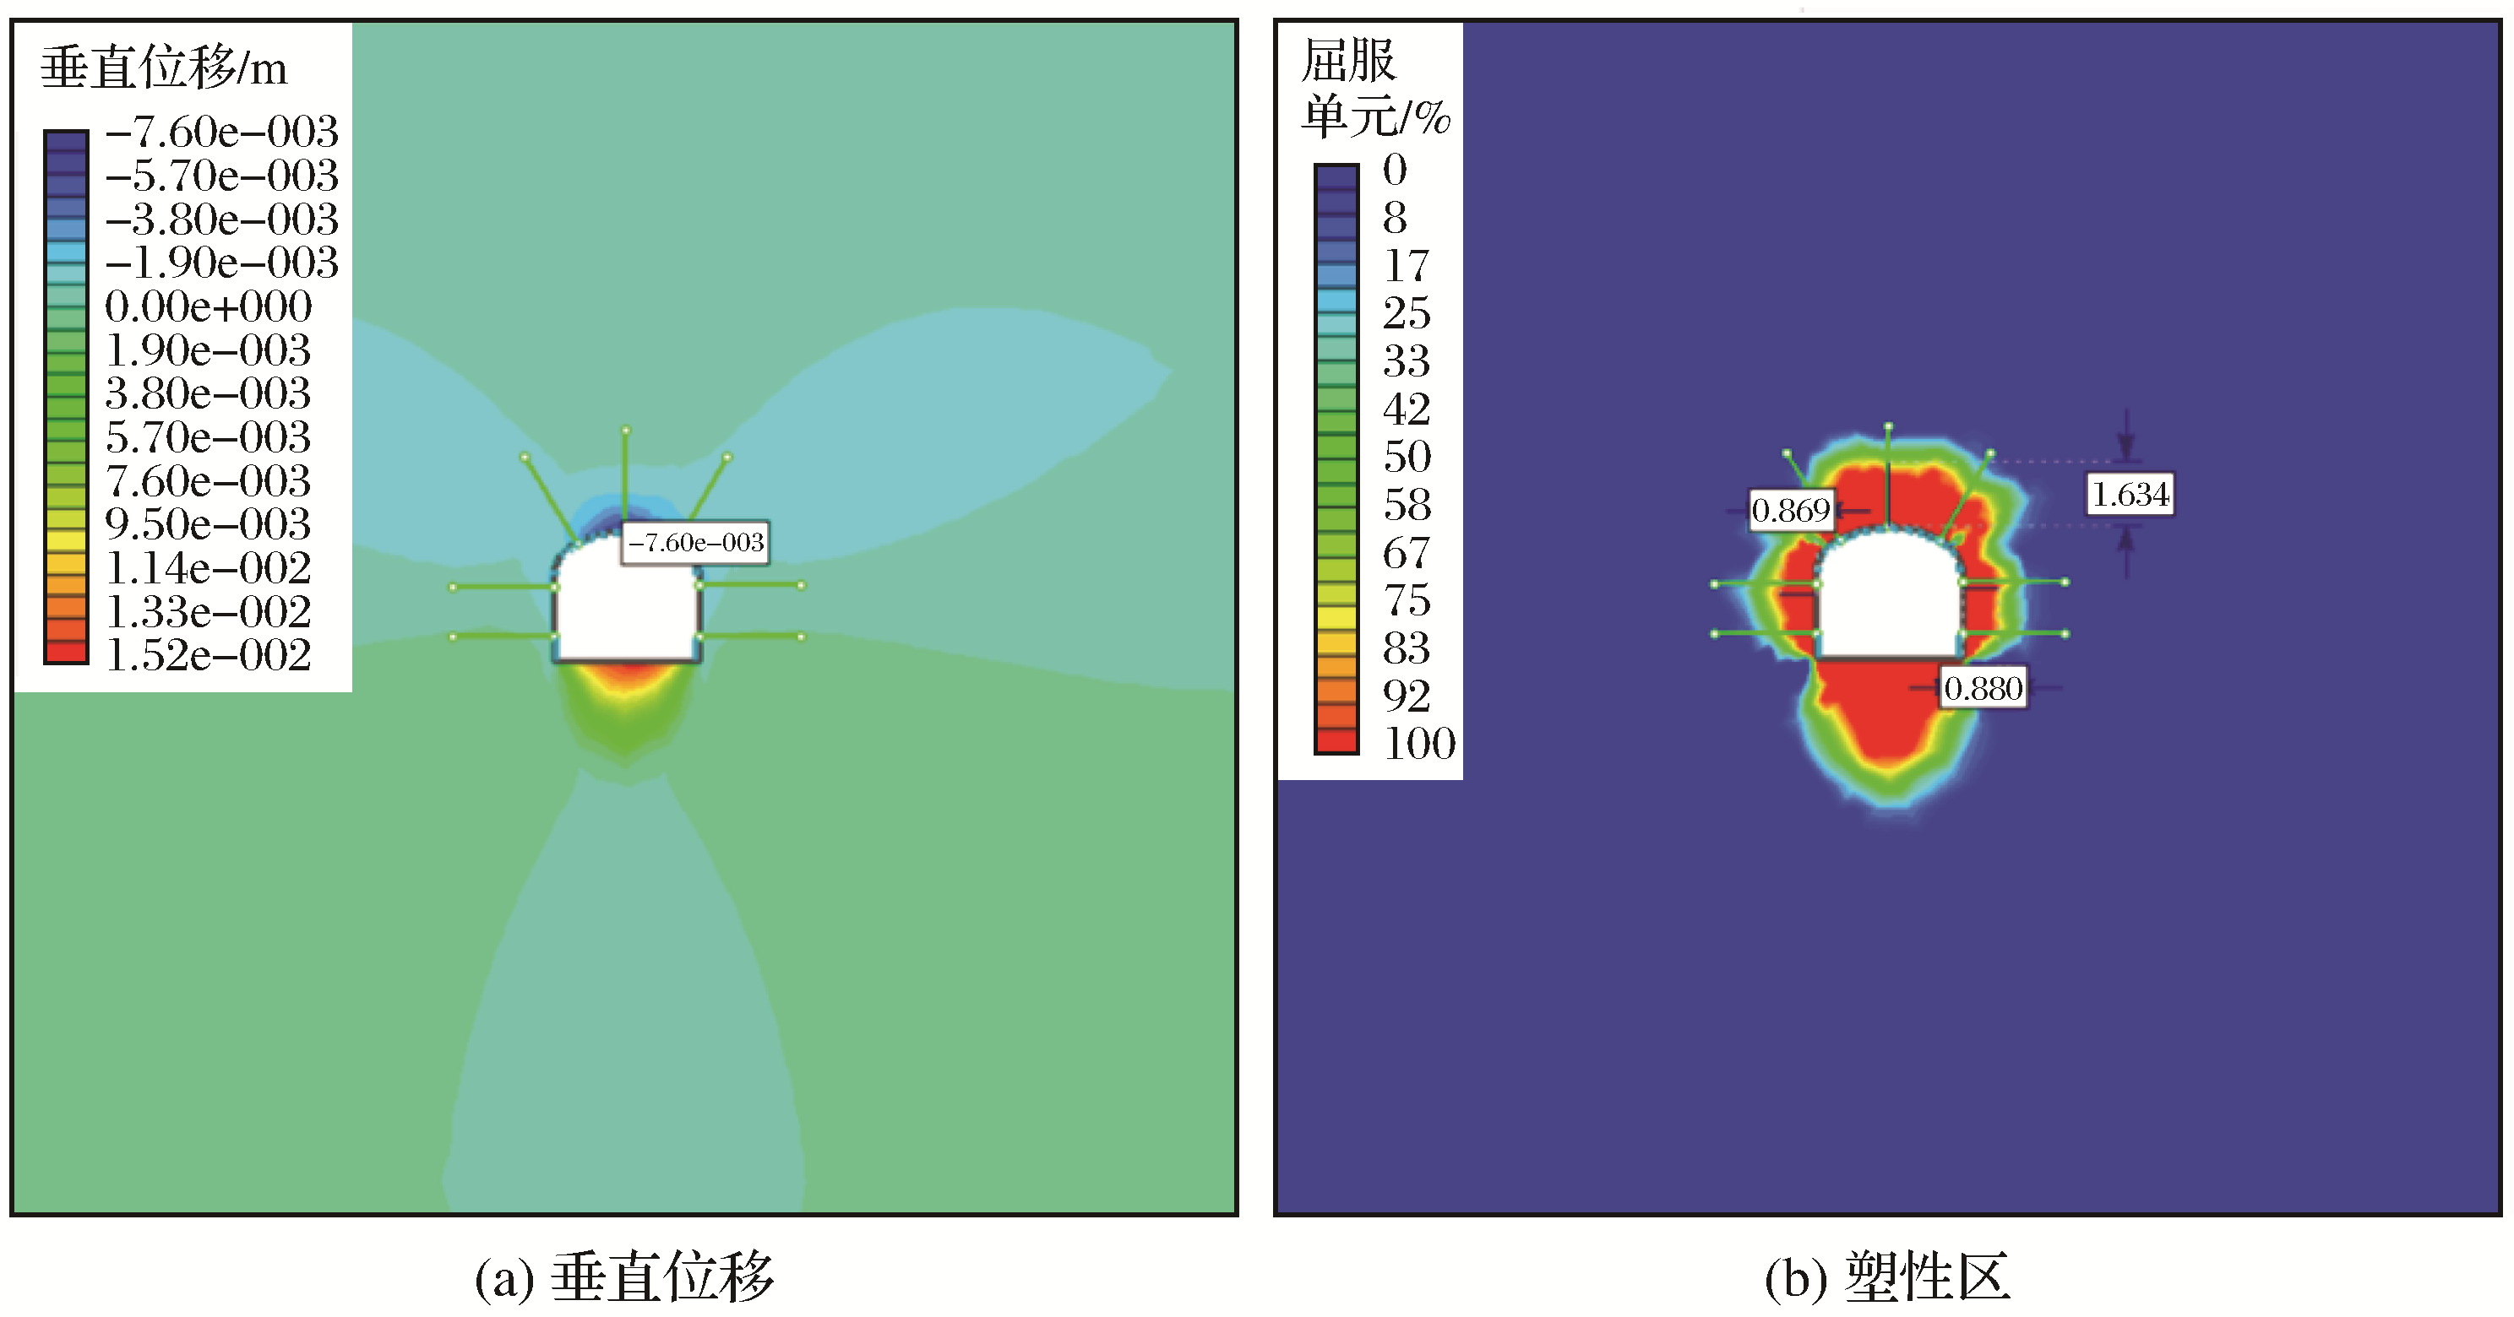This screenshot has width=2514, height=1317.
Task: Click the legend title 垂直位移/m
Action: [x=164, y=68]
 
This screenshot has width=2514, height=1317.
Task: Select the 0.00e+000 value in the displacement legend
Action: [x=208, y=306]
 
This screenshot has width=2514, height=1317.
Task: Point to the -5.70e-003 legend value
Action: [x=221, y=176]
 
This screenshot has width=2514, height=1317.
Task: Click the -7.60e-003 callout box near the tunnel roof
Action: [x=695, y=542]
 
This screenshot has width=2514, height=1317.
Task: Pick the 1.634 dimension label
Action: [x=2130, y=494]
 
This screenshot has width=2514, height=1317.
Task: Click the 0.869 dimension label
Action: [x=1791, y=510]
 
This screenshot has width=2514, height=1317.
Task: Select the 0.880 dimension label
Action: [x=1983, y=689]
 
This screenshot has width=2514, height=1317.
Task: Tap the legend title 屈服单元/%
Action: [x=1375, y=89]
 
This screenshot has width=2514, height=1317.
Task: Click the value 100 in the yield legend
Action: [x=1419, y=744]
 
